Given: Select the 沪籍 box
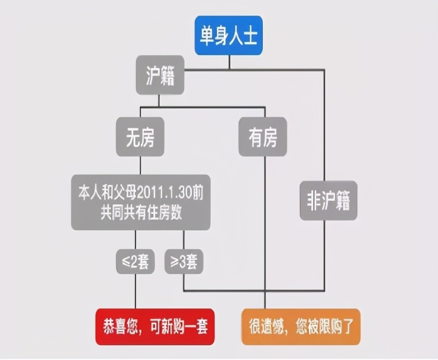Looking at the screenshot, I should tap(160, 75).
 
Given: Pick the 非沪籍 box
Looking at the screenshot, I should tap(328, 201).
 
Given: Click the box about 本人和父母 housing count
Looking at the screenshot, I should tap(141, 202).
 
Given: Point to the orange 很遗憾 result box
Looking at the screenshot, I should tap(300, 326).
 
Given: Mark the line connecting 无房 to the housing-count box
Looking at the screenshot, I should tap(140, 165).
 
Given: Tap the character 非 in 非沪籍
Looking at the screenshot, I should tap(314, 201).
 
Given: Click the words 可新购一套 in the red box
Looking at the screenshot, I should tap(178, 326).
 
